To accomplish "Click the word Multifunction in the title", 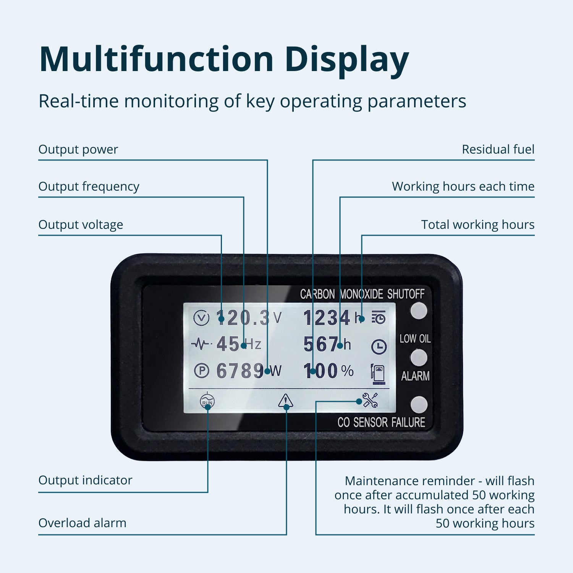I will [x=156, y=59].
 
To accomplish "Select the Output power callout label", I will [x=78, y=149].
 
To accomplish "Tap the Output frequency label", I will [x=89, y=186].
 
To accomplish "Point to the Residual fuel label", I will [x=498, y=149].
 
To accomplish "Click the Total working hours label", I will [x=477, y=225].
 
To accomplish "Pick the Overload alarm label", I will [x=82, y=523].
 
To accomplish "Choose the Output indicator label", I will [x=85, y=480].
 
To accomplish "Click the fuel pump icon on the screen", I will [x=378, y=374].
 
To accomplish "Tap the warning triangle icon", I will [x=285, y=401].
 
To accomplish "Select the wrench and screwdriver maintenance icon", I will [x=370, y=400].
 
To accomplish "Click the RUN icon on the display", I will [x=207, y=401].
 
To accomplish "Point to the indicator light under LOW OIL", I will [x=419, y=358].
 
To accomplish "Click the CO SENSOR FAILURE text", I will [x=381, y=422].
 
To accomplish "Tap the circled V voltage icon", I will [x=201, y=318].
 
